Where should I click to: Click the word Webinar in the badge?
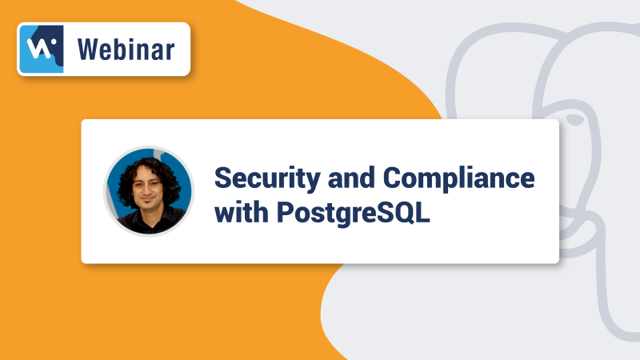[x=126, y=50]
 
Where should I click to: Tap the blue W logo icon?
[x=41, y=50]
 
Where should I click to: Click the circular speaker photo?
[x=149, y=191]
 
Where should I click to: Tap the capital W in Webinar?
[x=86, y=50]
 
